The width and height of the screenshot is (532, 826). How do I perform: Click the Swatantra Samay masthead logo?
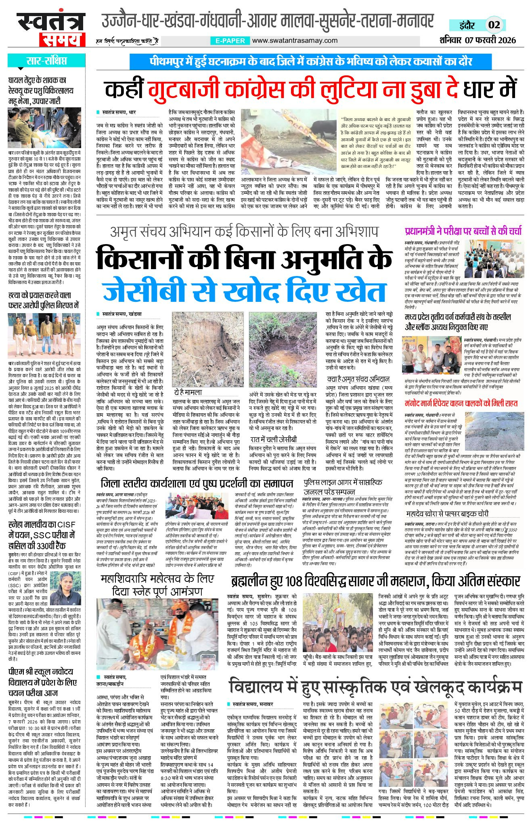coord(51,29)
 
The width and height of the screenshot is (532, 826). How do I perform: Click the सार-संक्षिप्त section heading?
coord(46,61)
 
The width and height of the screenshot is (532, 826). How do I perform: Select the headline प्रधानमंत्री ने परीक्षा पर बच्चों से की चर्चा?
coord(463,231)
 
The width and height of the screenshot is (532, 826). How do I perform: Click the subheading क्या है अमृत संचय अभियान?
coord(358,379)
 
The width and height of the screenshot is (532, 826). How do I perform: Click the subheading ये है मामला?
coord(188,392)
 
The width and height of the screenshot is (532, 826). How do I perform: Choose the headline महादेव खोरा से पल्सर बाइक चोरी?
coord(447,513)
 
